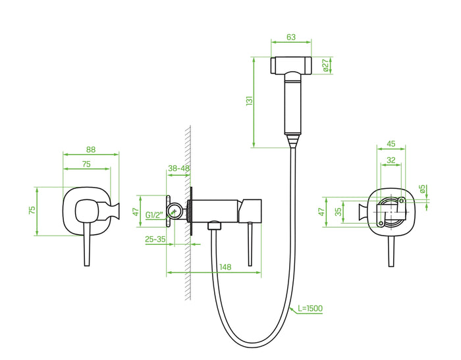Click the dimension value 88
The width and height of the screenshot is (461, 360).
[x=91, y=149]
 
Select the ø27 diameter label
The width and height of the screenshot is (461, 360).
[x=325, y=66]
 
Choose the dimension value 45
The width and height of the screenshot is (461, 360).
[x=391, y=144]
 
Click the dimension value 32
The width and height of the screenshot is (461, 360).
[x=391, y=159]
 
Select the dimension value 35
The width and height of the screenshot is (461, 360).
[x=338, y=212]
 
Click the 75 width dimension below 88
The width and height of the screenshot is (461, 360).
[x=86, y=165]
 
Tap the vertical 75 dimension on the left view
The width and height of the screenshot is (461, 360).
[x=32, y=210]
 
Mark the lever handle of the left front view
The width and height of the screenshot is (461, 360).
[x=86, y=244]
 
